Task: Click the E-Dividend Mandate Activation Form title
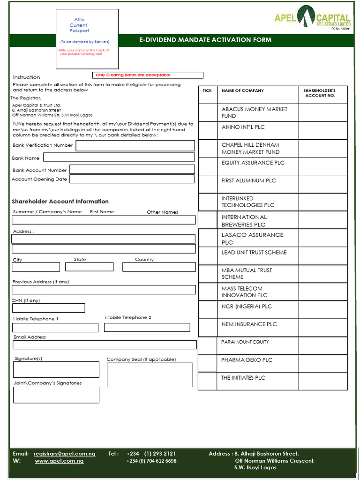pos(205,40)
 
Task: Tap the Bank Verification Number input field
pos(135,145)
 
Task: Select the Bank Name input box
pos(119,157)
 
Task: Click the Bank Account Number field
pos(132,169)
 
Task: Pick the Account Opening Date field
pos(132,179)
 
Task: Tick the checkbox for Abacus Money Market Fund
pos(208,112)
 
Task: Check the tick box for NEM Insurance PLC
pos(208,328)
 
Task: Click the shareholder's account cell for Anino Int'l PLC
pos(323,130)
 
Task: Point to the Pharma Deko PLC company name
pos(247,360)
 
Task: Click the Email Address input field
pos(105,345)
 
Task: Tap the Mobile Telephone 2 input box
pos(147,327)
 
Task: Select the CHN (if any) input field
pos(48,308)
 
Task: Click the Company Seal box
pos(150,375)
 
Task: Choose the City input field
pos(36,267)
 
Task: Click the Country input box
pos(159,267)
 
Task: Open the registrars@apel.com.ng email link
pos(64,454)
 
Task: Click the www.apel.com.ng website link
pos(59,461)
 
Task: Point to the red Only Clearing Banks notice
pos(148,75)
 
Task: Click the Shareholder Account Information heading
pos(60,202)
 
